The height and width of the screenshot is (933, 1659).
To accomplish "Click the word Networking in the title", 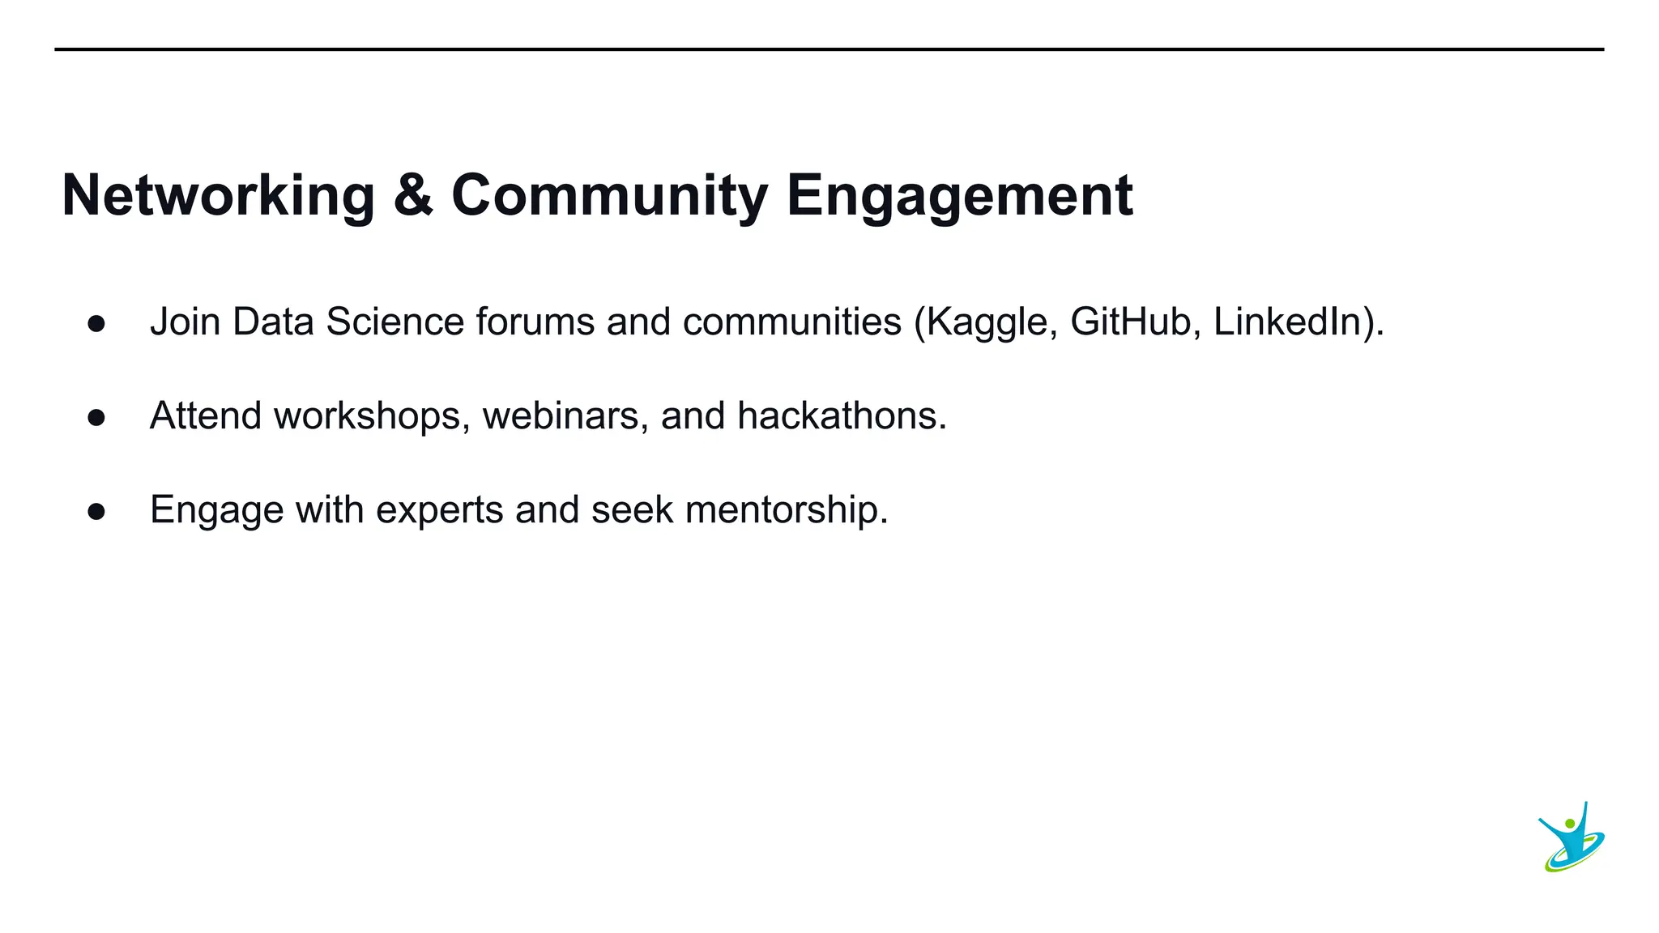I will coord(218,196).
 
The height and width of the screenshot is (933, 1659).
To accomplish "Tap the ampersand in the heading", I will coord(413,196).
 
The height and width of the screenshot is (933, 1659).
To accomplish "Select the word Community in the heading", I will coord(609,196).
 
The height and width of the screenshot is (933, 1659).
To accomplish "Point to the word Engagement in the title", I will coord(959,196).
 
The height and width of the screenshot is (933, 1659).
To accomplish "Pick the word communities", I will coord(791,322).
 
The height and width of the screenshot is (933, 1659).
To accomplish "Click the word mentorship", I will coord(786,510).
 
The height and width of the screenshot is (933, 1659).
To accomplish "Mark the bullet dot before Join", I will coord(96,324).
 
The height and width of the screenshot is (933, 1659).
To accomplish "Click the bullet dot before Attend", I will coord(96,418).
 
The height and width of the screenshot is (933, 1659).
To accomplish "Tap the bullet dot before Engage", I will coord(96,512).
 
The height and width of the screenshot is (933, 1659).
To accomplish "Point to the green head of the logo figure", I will coord(1570,824).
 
